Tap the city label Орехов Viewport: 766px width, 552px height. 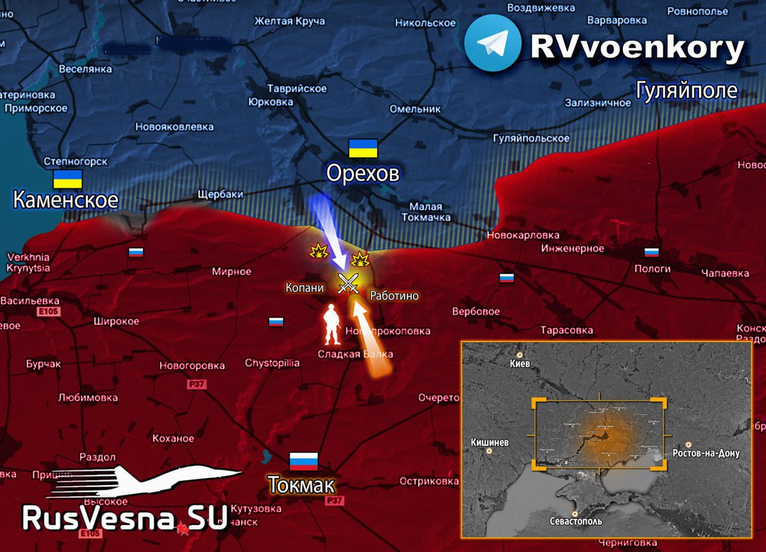pyautogui.click(x=363, y=173)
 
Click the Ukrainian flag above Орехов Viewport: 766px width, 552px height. pyautogui.click(x=363, y=148)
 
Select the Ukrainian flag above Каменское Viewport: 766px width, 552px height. pyautogui.click(x=67, y=179)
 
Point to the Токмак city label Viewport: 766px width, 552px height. pyautogui.click(x=301, y=485)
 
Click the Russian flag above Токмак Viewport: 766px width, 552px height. pyautogui.click(x=304, y=461)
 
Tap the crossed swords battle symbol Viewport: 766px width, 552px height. pyautogui.click(x=348, y=283)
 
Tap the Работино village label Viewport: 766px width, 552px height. pyautogui.click(x=394, y=296)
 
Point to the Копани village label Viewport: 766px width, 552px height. pyautogui.click(x=304, y=288)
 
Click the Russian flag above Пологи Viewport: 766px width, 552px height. pyautogui.click(x=652, y=252)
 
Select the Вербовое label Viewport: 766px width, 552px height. pyautogui.click(x=476, y=312)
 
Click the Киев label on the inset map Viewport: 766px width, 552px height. pyautogui.click(x=520, y=364)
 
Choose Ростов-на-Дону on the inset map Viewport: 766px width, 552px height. pyautogui.click(x=706, y=453)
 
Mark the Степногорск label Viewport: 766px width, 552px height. pyautogui.click(x=75, y=161)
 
